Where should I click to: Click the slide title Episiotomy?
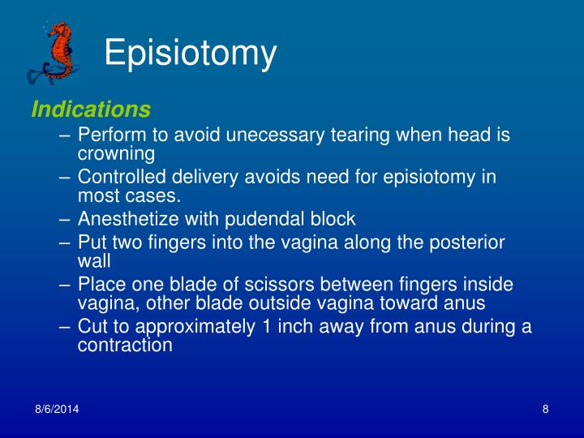pyautogui.click(x=191, y=54)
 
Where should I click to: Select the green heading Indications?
pyautogui.click(x=91, y=109)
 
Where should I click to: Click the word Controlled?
pyautogui.click(x=121, y=177)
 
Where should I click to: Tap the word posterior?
pyautogui.click(x=466, y=243)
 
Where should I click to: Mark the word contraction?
pyautogui.click(x=125, y=344)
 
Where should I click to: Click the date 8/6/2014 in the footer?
pyautogui.click(x=57, y=410)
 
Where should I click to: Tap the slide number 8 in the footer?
pyautogui.click(x=546, y=410)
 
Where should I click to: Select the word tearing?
pyautogui.click(x=342, y=135)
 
